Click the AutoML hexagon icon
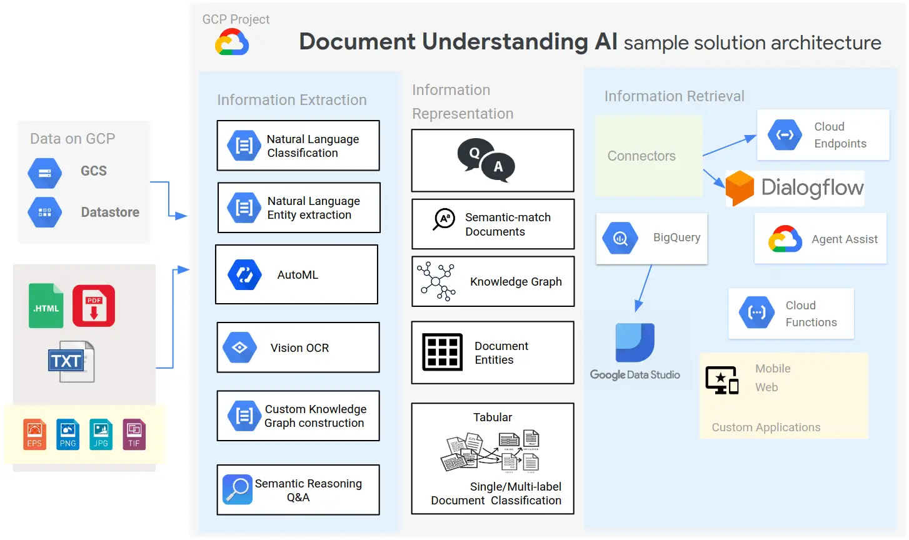tap(244, 275)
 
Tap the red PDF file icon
tap(94, 306)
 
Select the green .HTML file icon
tap(46, 306)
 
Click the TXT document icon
tap(71, 361)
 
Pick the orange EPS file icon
tap(34, 434)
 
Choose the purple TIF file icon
tap(134, 434)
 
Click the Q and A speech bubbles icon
tap(486, 159)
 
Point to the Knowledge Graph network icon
tap(436, 281)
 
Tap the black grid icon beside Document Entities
tap(442, 352)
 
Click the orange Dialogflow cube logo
tap(740, 187)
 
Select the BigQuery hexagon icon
tap(620, 238)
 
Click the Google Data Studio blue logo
tap(635, 342)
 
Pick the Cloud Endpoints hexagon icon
tap(785, 134)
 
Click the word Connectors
tap(641, 156)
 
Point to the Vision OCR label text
tap(299, 348)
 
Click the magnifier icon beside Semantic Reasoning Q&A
tap(238, 490)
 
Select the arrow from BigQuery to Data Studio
tap(644, 287)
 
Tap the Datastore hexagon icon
tap(45, 212)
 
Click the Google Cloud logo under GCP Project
tap(232, 43)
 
